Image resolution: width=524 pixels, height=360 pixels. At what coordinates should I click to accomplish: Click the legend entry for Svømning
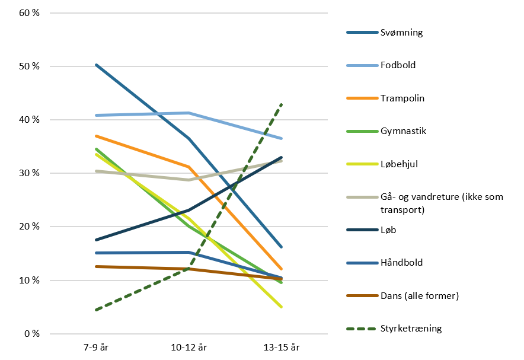point(401,33)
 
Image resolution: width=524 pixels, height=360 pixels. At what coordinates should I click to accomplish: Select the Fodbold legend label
point(398,65)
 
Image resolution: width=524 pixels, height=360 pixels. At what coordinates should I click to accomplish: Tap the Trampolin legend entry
point(402,98)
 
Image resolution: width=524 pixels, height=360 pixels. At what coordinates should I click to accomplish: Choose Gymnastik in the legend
point(403,131)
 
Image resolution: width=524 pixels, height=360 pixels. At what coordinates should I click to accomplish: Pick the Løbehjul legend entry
point(401,164)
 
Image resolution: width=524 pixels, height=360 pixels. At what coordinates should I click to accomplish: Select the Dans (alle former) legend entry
point(420,295)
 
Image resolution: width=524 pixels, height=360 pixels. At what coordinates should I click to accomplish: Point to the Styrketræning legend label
point(411,329)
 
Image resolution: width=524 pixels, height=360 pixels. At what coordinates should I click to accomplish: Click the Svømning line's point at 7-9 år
point(96,65)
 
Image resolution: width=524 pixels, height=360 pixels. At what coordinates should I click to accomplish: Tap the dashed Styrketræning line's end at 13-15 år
point(281,104)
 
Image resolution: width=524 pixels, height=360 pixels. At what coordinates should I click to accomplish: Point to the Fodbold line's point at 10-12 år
point(188,113)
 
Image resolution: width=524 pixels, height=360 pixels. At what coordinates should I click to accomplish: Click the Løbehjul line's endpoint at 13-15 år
point(281,307)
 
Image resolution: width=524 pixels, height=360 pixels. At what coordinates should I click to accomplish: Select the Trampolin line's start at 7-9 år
point(96,136)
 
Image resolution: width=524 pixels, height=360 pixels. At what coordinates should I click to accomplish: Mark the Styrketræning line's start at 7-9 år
point(96,310)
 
